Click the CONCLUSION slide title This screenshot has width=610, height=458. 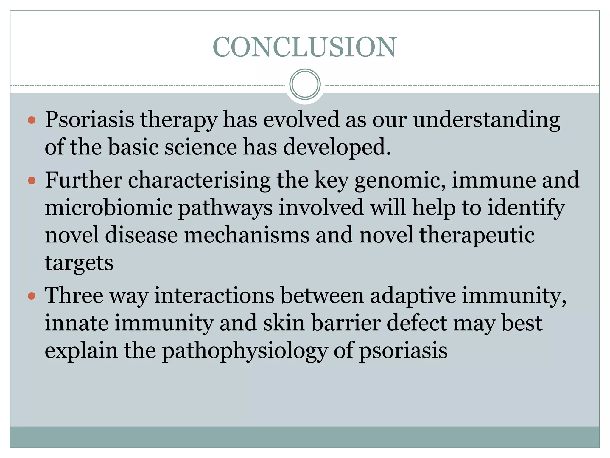click(x=305, y=47)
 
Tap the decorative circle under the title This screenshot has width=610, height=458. click(x=305, y=84)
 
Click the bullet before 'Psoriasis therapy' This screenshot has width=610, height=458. click(x=31, y=120)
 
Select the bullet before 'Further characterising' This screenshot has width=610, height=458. click(x=31, y=181)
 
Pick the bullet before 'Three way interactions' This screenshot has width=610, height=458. click(x=31, y=296)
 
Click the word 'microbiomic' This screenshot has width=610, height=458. click(x=108, y=208)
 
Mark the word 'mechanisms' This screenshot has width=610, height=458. click(x=247, y=235)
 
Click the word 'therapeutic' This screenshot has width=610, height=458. click(x=477, y=235)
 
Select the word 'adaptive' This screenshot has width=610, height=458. click(x=413, y=296)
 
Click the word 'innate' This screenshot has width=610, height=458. click(x=77, y=323)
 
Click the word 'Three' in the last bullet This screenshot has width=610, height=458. click(x=74, y=296)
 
